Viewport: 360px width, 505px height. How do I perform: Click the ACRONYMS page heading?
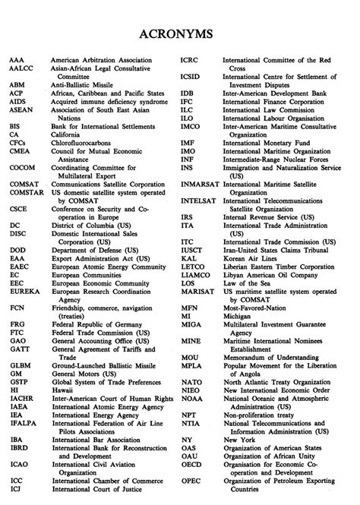(x=180, y=35)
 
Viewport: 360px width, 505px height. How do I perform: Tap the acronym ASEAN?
(x=21, y=109)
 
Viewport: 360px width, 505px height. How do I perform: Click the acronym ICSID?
(x=191, y=77)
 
